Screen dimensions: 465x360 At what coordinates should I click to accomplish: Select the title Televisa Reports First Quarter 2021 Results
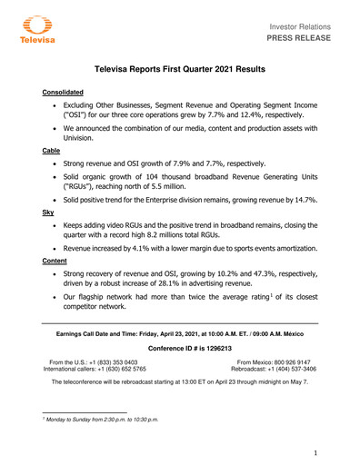point(180,69)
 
